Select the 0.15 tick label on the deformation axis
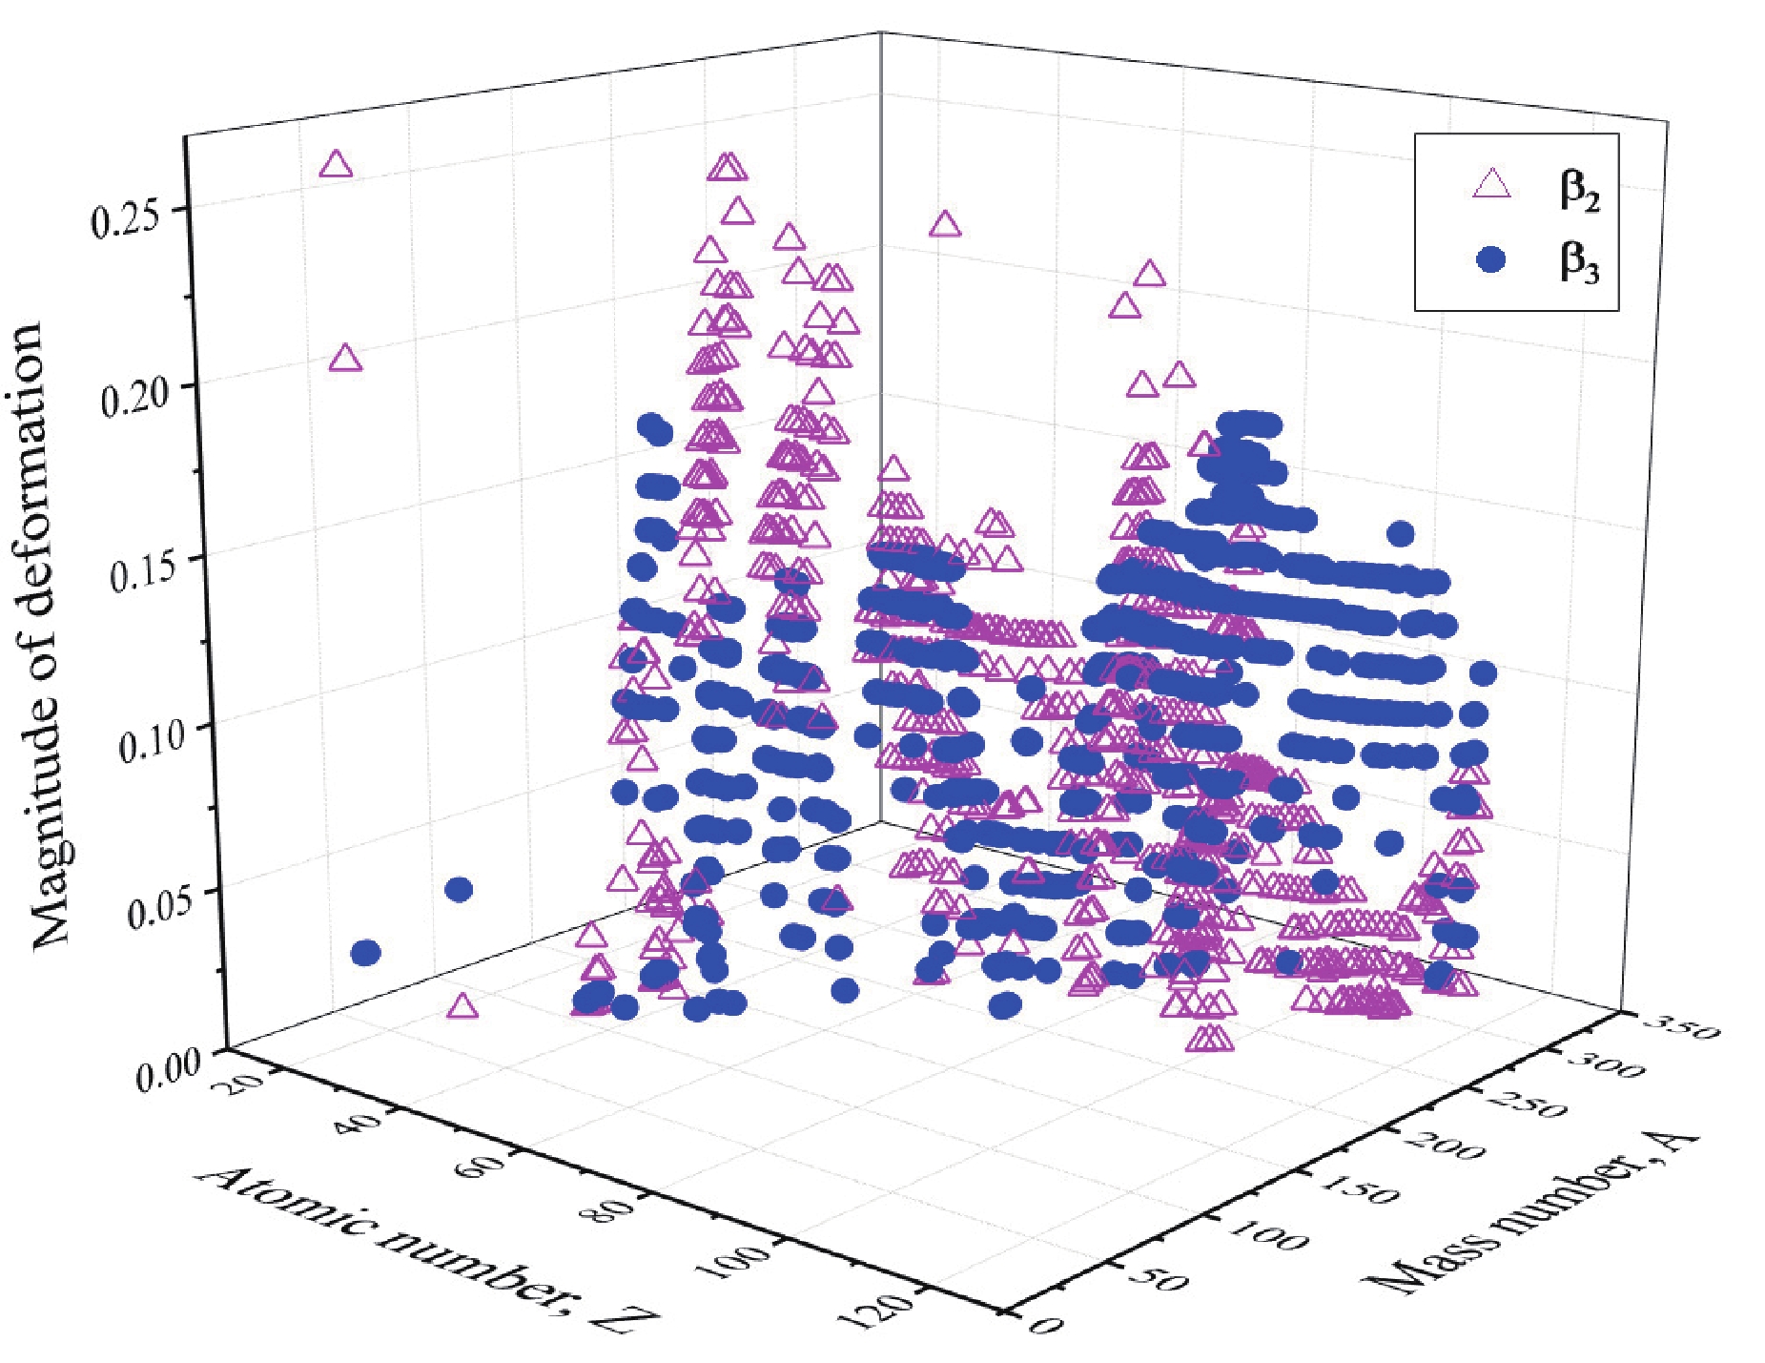coord(149,568)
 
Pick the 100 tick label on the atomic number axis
coord(732,1260)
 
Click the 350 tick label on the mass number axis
coord(1685,1028)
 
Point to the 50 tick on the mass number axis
coord(1160,1278)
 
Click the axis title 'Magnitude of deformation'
coord(40,634)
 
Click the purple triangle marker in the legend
coord(1492,182)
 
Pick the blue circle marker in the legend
coord(1490,258)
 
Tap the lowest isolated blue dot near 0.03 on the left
coord(366,952)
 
